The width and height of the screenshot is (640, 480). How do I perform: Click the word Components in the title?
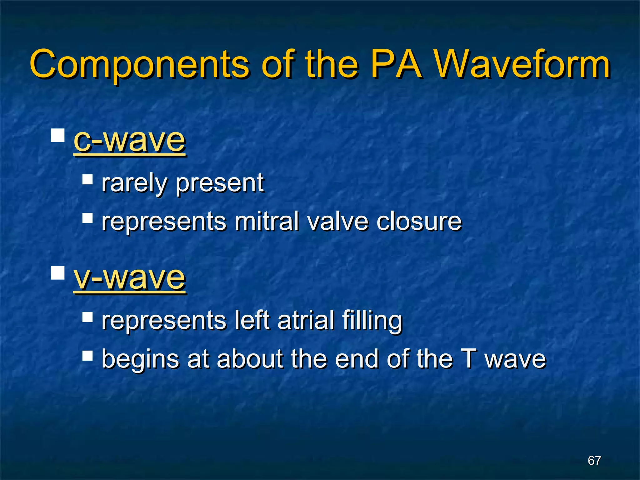point(139,65)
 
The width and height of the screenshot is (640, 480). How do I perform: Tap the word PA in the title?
point(397,64)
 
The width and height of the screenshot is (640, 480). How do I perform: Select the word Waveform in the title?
point(522,64)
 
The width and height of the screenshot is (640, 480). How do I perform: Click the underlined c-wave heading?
point(129,140)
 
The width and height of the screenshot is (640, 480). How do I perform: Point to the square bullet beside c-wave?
point(58,135)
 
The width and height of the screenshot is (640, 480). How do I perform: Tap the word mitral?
point(267,221)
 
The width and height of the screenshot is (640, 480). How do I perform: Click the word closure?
point(419,221)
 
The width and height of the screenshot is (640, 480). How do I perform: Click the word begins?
point(140,359)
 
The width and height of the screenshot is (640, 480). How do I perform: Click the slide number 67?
point(594,460)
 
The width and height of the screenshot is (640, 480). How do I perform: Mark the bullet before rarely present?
point(87,179)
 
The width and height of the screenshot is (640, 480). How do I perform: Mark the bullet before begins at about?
point(87,355)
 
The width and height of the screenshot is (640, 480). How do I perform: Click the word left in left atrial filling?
point(252,320)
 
